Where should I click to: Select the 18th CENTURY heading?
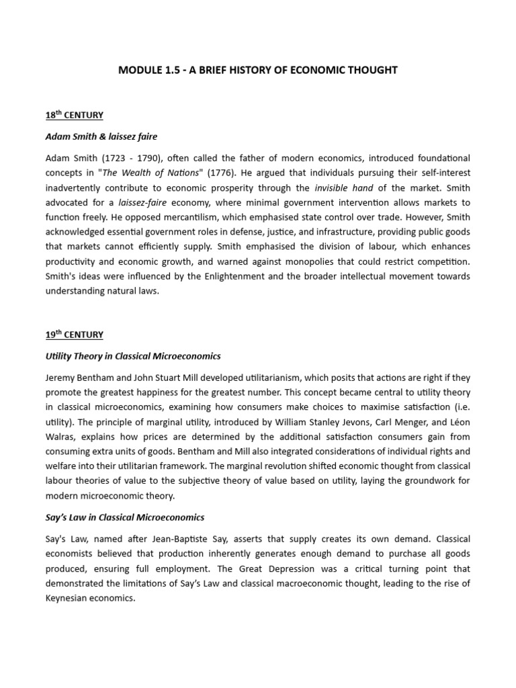(x=74, y=115)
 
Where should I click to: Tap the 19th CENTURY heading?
(x=74, y=334)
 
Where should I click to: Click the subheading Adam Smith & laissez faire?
(x=101, y=136)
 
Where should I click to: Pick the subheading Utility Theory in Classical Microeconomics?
(x=132, y=355)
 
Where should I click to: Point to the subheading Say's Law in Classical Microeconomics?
(x=124, y=517)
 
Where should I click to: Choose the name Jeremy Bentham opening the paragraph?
(x=79, y=378)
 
